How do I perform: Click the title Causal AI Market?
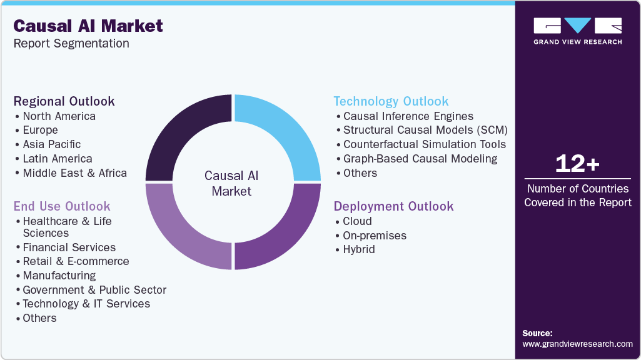point(88,26)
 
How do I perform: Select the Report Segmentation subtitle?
point(71,44)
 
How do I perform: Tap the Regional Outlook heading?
point(64,101)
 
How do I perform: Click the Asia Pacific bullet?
point(52,144)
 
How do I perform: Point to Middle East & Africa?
point(74,173)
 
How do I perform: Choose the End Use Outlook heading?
point(62,206)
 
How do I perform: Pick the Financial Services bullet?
point(69,247)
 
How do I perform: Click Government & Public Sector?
point(94,290)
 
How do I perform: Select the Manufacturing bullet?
point(59,276)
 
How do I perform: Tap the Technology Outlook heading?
point(391,101)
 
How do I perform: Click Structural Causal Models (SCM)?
point(425,130)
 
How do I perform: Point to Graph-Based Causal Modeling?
point(420,159)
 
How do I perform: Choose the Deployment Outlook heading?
point(393,206)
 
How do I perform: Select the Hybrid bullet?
point(359,249)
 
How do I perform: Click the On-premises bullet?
point(375,236)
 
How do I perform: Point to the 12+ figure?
point(577,164)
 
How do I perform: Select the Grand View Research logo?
point(577,31)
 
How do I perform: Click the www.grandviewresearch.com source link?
point(577,344)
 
